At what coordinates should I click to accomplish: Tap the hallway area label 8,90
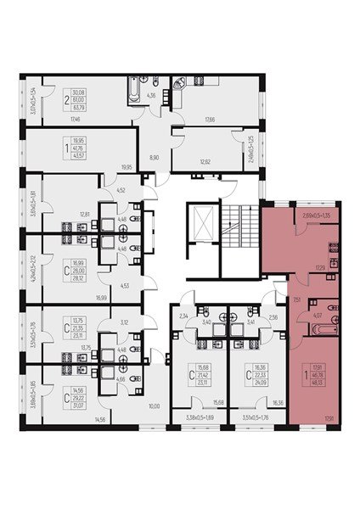154,158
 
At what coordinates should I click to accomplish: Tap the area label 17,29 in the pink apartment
321,268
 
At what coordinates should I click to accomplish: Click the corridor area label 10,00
154,406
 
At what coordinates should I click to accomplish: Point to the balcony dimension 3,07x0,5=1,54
31,99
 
